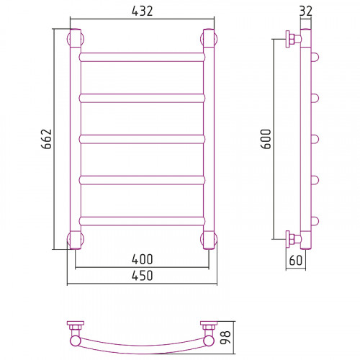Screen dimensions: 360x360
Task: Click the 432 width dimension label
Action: [x=142, y=11]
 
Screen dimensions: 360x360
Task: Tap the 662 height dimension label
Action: [x=46, y=139]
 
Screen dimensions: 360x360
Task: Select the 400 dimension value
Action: [x=142, y=259]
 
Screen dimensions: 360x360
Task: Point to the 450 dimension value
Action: [x=142, y=276]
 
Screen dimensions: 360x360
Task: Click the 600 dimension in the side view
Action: [x=266, y=139]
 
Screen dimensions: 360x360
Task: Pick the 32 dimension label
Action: [x=306, y=11]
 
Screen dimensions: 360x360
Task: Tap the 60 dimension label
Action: [x=296, y=261]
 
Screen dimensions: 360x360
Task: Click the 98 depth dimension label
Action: [x=225, y=337]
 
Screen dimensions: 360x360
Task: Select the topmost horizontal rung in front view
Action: [x=142, y=57]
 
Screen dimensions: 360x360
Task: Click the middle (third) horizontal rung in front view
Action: [x=142, y=139]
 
